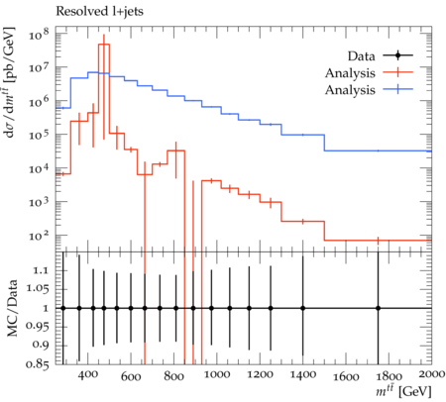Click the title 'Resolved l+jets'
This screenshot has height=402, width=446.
[x=99, y=12]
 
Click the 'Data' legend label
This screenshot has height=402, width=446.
[x=361, y=56]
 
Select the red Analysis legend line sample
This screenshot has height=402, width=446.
[x=398, y=72]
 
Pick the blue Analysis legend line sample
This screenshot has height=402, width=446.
[x=398, y=89]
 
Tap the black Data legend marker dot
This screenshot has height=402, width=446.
[x=398, y=55]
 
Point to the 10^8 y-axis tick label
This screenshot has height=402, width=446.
[x=39, y=34]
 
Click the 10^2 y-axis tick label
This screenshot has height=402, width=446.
[x=39, y=236]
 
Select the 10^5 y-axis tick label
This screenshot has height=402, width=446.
[x=39, y=135]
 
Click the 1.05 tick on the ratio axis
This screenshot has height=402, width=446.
[x=37, y=289]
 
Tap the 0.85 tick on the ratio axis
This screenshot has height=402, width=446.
[x=37, y=364]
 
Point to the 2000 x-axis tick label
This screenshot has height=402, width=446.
[x=432, y=374]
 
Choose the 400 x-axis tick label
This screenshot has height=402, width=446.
[x=88, y=374]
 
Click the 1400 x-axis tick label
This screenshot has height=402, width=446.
[x=303, y=374]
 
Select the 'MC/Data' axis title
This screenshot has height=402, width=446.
[x=12, y=308]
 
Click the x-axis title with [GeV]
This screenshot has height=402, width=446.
[x=403, y=391]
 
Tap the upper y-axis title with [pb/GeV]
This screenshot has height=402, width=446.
[x=9, y=81]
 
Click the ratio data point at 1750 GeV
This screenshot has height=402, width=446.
[x=378, y=308]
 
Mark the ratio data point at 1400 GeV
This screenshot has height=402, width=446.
[x=302, y=308]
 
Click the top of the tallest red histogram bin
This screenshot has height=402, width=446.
[x=104, y=44]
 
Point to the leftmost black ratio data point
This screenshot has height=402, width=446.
[x=63, y=308]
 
